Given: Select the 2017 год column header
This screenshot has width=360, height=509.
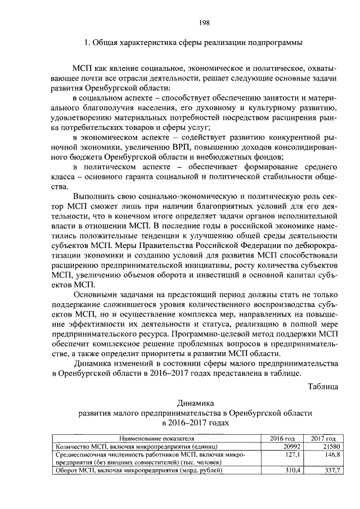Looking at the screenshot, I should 323,439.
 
